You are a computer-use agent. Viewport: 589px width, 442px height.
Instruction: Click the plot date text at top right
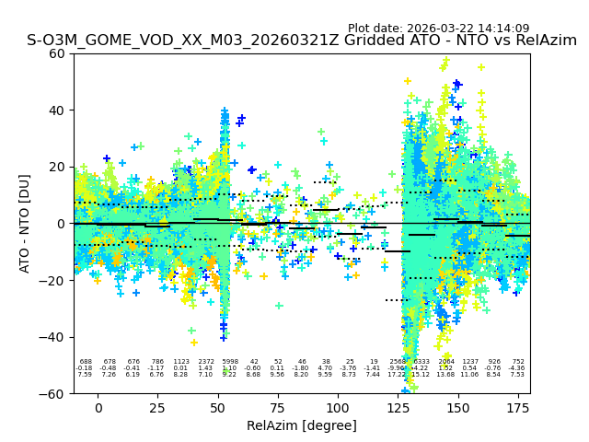(438, 29)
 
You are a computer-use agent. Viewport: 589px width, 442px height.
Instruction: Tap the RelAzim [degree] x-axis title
(302, 425)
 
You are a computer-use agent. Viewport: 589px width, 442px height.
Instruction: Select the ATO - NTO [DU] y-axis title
(25, 224)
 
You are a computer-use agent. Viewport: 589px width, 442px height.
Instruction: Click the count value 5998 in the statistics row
(229, 362)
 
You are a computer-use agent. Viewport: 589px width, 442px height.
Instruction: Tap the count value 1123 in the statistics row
(181, 362)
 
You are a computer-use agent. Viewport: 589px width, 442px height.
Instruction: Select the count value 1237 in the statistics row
(470, 362)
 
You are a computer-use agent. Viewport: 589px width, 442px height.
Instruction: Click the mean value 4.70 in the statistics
(325, 368)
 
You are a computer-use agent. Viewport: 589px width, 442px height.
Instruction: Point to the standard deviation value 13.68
(446, 375)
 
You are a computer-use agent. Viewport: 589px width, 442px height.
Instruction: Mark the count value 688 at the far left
(86, 362)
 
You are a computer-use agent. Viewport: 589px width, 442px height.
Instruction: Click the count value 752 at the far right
(518, 362)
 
